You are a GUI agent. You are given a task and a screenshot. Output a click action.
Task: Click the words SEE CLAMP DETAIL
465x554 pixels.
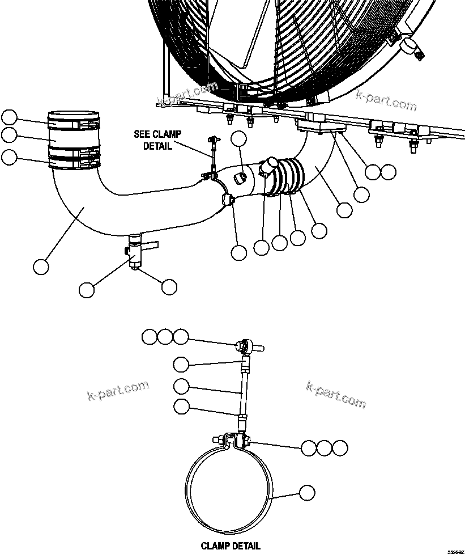point(157,140)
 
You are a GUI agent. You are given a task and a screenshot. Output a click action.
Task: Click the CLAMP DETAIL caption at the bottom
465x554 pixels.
point(231,545)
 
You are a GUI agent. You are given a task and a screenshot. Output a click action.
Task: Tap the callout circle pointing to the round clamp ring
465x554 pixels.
point(306,493)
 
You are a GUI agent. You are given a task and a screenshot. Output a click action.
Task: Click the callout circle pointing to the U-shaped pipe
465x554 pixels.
point(41,267)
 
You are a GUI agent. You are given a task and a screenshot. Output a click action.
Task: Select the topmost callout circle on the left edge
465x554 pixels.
point(10,117)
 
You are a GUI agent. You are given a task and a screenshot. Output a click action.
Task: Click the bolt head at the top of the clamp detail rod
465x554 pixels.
point(242,344)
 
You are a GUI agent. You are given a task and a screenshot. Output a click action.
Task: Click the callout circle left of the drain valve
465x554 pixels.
point(87,290)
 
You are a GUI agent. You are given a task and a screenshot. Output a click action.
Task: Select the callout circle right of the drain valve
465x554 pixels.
point(169,287)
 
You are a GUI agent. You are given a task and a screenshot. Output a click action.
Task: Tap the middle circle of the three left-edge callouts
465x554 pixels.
point(10,135)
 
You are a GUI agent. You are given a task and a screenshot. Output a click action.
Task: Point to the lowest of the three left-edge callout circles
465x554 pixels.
point(10,157)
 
